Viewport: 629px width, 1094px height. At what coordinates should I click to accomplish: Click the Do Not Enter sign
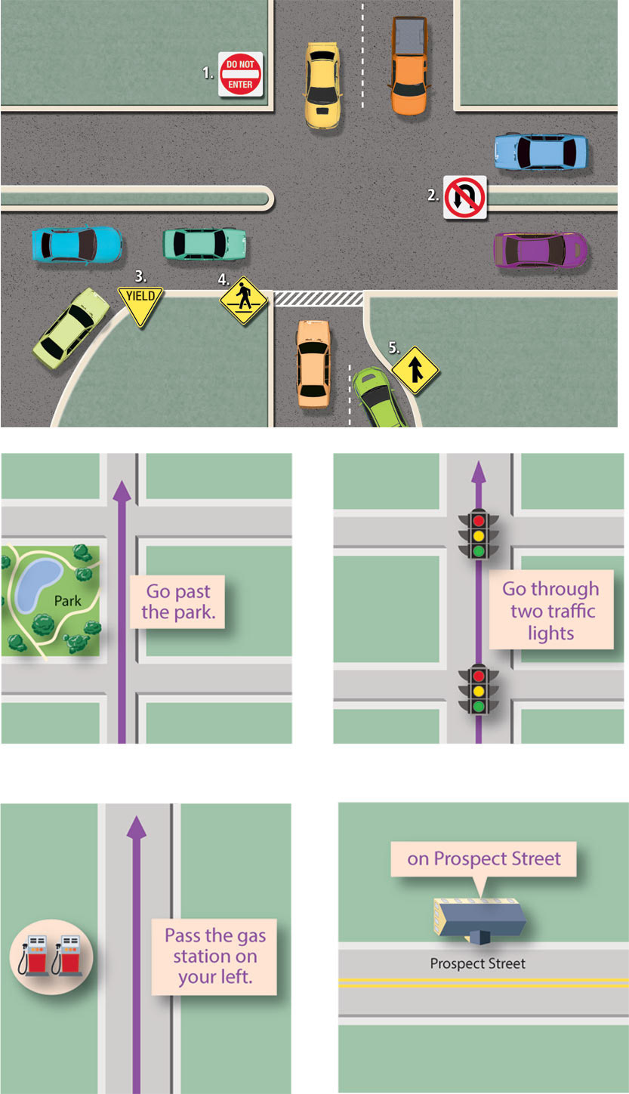click(240, 74)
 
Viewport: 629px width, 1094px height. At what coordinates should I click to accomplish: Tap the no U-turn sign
click(464, 197)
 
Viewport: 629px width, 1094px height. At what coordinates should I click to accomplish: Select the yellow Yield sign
click(140, 304)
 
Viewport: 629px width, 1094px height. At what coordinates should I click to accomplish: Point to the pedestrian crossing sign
click(244, 299)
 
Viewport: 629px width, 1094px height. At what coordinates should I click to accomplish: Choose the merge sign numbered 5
click(415, 370)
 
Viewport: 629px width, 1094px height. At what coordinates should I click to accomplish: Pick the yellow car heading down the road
click(322, 84)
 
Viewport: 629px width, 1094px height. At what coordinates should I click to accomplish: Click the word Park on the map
click(67, 602)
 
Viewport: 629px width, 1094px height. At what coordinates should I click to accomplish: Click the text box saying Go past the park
click(178, 602)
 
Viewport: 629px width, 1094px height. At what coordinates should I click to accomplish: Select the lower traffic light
click(477, 689)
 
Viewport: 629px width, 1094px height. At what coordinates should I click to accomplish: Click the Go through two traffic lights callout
click(550, 610)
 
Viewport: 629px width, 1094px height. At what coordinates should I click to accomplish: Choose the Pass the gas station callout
click(215, 956)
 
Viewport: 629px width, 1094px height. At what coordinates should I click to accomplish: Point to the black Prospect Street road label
click(477, 963)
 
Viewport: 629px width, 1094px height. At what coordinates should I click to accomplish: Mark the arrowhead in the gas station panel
click(136, 827)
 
